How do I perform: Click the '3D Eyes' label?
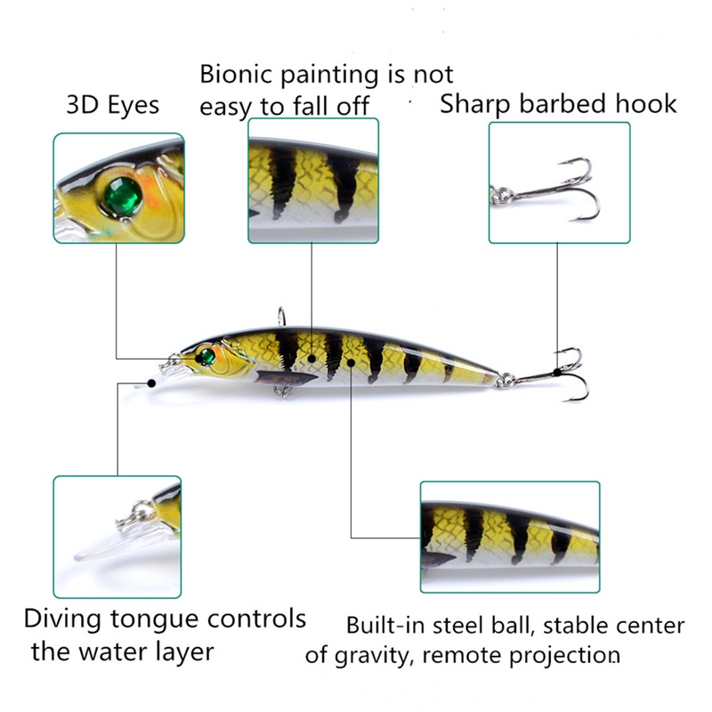112,105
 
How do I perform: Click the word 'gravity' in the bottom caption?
375,657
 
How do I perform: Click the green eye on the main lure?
206,357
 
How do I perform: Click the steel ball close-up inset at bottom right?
509,537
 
